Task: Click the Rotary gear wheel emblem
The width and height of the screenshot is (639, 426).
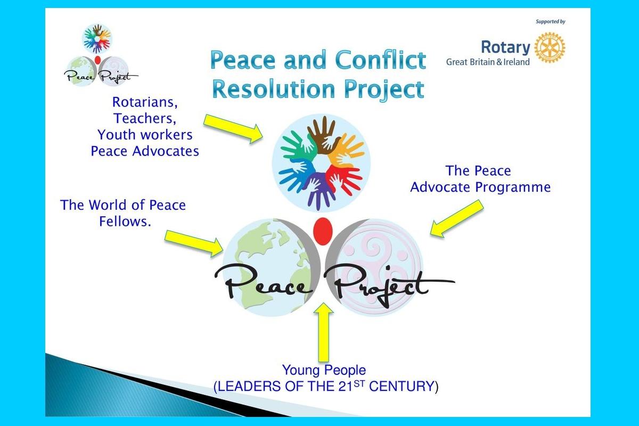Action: (550, 47)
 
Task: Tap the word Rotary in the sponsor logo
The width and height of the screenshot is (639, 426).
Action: (505, 47)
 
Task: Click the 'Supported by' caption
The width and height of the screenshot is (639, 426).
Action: (550, 22)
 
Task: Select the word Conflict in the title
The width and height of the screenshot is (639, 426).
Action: (381, 60)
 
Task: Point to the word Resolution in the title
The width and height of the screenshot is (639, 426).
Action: (274, 89)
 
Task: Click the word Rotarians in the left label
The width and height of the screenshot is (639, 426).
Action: (145, 102)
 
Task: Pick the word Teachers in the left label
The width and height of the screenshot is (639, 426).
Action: (145, 118)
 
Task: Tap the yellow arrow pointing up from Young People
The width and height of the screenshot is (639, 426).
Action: (324, 332)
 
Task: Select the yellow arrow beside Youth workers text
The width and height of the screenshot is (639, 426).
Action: (233, 129)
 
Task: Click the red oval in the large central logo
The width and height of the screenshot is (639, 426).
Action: (323, 231)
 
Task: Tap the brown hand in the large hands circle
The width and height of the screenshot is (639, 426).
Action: (323, 134)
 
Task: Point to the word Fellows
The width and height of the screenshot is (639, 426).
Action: (125, 221)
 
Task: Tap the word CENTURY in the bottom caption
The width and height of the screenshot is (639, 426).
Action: (402, 386)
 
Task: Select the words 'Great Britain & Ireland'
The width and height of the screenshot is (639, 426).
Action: (488, 62)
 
